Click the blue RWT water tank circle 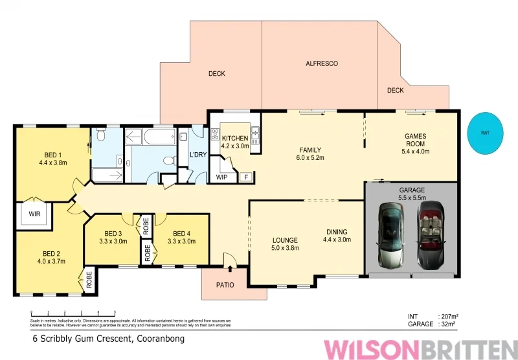tap(485, 133)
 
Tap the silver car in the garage tap(392, 236)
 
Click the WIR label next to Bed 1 tap(33, 214)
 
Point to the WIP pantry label tap(221, 177)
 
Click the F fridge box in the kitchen tap(245, 177)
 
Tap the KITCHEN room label tap(235, 139)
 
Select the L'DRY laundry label tap(197, 154)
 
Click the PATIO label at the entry tap(225, 285)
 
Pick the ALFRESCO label tap(322, 63)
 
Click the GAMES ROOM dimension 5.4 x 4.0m tap(415, 152)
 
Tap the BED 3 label tap(113, 233)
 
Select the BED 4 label tap(182, 233)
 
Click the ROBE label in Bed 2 tap(89, 281)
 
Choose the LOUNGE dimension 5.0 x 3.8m tap(284, 247)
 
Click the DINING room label tap(337, 232)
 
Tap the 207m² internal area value tap(449, 316)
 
